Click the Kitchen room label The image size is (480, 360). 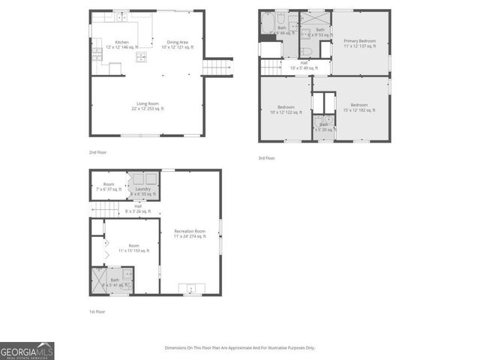(x=121, y=44)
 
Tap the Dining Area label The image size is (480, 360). (x=178, y=44)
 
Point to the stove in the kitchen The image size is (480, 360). (x=97, y=53)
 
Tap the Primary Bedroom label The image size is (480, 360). (x=359, y=43)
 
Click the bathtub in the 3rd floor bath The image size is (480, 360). (x=266, y=25)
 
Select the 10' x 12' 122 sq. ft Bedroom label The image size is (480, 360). (x=285, y=109)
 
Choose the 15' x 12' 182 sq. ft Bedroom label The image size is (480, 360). (x=358, y=107)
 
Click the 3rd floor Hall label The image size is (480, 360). (x=304, y=65)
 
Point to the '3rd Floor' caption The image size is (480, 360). (x=266, y=158)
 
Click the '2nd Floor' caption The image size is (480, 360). (x=97, y=152)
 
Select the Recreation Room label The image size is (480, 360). (x=190, y=233)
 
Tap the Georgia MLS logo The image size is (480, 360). (x=27, y=351)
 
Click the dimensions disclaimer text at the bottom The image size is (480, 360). (x=240, y=348)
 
